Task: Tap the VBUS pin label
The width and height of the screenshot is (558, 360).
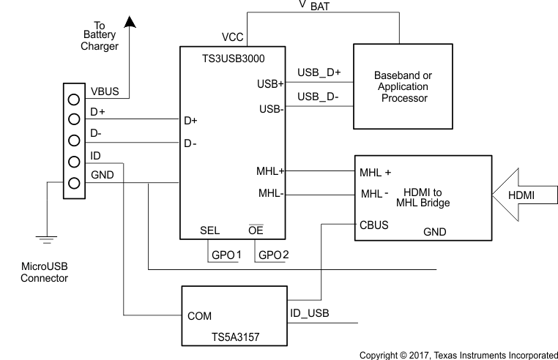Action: click(105, 93)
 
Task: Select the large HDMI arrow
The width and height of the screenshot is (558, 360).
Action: click(521, 196)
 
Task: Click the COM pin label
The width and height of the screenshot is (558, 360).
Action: click(201, 316)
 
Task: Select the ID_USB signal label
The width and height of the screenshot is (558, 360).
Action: click(310, 313)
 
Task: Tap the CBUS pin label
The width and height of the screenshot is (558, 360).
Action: click(373, 225)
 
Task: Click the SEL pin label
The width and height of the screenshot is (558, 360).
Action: click(209, 230)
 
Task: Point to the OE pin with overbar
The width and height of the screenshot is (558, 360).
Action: click(256, 230)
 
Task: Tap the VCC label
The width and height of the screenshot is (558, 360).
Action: click(233, 37)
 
